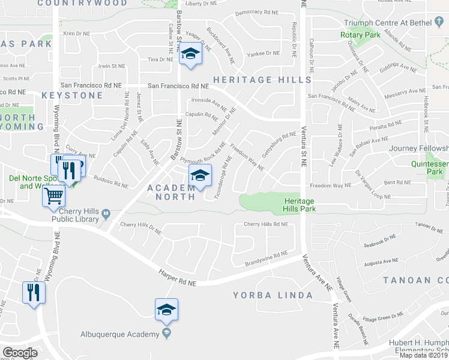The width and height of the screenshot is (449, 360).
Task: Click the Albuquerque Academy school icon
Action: [167, 309]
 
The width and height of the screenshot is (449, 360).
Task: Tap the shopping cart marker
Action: [54, 196]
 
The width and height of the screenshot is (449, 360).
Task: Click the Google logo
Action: [20, 353]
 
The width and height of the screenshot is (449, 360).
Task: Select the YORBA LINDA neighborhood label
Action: [273, 295]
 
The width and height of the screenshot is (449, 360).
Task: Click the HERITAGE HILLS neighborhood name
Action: [262, 80]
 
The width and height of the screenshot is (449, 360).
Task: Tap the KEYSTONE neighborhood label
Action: [72, 95]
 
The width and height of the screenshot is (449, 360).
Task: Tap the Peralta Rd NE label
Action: [386, 126]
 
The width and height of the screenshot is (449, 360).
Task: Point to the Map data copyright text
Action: [424, 355]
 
